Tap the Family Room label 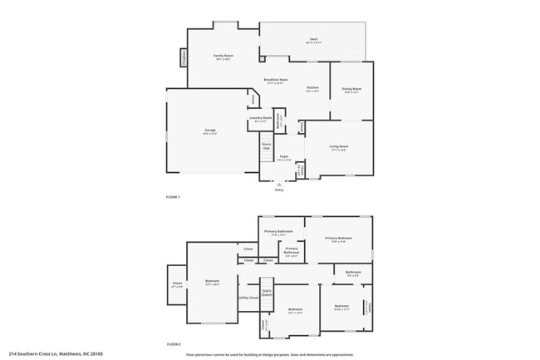point(223,57)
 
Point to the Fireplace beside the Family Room point(183,57)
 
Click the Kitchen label point(312,88)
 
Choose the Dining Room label point(351,89)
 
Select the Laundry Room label point(261,119)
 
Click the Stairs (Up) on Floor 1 point(267,145)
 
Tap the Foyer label point(283,157)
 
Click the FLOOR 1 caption point(173,197)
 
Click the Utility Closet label point(248,297)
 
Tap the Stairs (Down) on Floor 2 point(267,292)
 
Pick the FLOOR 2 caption point(173,343)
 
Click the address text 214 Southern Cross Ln point(56,354)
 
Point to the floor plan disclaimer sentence point(269,354)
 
